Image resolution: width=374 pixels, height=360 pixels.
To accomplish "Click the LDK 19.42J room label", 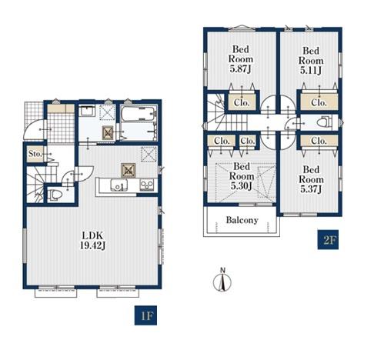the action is tap(92, 240).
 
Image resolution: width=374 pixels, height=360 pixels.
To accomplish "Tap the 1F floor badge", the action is tap(145, 315).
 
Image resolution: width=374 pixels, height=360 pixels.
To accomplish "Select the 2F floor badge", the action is tap(328, 239).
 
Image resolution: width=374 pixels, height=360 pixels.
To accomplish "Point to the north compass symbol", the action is tap(222, 280).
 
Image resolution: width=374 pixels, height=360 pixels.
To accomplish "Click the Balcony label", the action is tap(242, 220).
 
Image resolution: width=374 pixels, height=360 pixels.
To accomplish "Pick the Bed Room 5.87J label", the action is tap(241, 59).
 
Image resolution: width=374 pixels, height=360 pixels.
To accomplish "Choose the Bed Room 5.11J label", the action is tap(311, 61).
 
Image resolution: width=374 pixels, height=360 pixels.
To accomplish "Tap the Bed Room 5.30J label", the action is tap(242, 176).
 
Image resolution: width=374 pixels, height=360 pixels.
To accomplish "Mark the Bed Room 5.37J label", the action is tap(311, 179).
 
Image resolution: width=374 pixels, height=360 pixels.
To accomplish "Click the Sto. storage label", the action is tap(35, 154).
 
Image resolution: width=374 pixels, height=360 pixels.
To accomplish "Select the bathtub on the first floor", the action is tap(139, 114).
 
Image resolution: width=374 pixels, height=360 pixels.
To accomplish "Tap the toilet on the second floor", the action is tap(323, 122).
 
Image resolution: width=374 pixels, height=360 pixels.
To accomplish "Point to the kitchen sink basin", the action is tap(119, 185).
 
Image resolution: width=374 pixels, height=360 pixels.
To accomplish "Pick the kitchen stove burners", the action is tap(147, 185).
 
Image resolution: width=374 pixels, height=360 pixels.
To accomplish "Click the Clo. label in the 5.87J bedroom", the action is tap(242, 103).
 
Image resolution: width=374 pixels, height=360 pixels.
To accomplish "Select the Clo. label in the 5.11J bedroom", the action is tap(319, 102).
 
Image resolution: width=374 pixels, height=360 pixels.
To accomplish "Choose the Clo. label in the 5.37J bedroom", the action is tap(319, 141).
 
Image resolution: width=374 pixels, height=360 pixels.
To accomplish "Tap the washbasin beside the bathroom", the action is tap(87, 112).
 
